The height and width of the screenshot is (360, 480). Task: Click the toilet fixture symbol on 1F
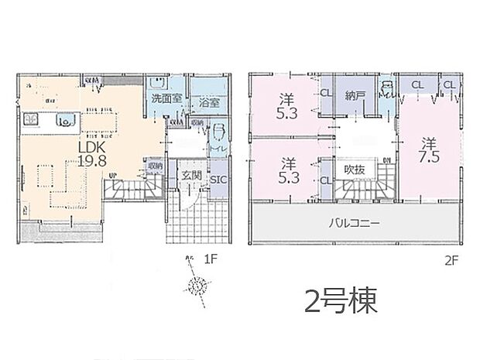click(218, 132)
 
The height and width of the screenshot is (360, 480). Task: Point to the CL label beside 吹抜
click(324, 181)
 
